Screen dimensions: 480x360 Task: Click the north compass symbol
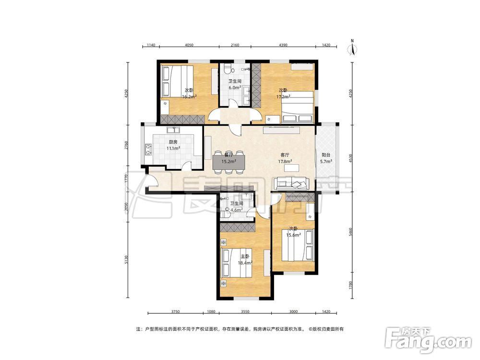[x=353, y=48]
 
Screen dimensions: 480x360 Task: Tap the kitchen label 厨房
[x=173, y=142]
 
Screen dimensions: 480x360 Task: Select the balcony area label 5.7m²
[x=326, y=161]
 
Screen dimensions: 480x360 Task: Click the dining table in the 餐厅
[x=229, y=161]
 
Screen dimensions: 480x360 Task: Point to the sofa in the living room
[x=291, y=183]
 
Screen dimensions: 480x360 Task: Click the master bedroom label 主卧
[x=245, y=256]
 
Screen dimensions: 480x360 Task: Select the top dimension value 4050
[x=189, y=45]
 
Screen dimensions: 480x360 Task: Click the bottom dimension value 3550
[x=245, y=312]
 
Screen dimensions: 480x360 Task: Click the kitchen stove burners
[x=148, y=149]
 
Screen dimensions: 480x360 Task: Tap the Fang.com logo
[x=429, y=339]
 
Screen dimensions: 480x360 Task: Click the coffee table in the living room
[x=291, y=168]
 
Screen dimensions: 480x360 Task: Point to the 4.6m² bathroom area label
[x=237, y=210]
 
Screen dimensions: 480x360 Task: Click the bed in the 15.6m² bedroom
[x=298, y=245]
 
